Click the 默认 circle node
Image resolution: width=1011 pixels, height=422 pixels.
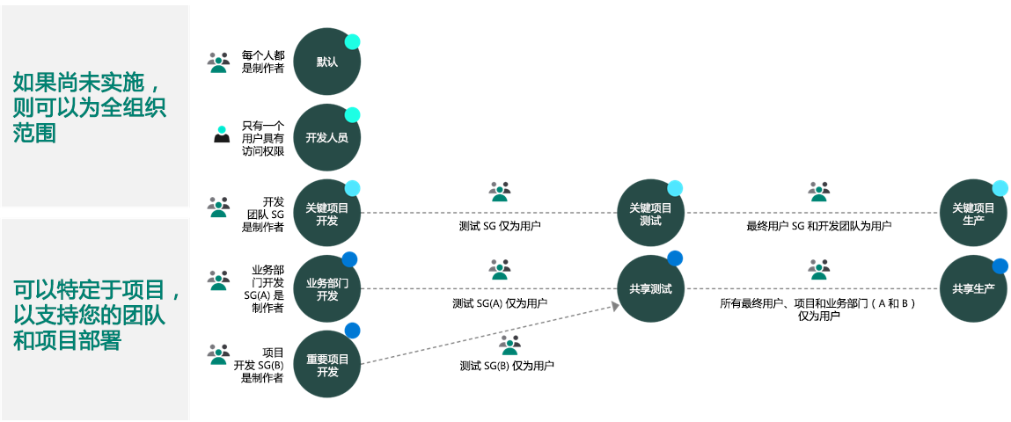[327, 62]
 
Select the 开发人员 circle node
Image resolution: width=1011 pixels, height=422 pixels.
[327, 137]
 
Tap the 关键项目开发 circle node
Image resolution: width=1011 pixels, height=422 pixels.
[327, 214]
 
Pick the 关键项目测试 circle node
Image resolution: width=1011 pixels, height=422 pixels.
[650, 214]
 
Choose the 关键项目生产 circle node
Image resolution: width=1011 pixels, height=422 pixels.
[973, 214]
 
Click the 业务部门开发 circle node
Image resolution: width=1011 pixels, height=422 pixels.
[327, 289]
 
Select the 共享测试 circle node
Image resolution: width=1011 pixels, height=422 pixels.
[650, 289]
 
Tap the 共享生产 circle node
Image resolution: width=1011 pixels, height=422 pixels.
[973, 289]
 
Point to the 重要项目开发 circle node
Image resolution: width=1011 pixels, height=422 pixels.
[327, 366]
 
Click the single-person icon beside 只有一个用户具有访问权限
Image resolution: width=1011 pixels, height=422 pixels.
[222, 134]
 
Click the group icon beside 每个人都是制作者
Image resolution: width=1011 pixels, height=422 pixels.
[218, 62]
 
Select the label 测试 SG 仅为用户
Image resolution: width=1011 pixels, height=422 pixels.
[500, 226]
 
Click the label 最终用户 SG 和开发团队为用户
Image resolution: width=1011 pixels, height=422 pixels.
[819, 226]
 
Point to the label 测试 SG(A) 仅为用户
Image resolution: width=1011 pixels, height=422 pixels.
[500, 302]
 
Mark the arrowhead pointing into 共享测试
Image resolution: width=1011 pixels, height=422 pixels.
[615, 305]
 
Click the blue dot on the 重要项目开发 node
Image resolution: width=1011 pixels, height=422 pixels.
[352, 331]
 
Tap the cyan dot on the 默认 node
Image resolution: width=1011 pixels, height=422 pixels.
[352, 42]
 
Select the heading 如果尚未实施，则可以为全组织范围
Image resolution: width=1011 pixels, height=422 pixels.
[91, 108]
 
